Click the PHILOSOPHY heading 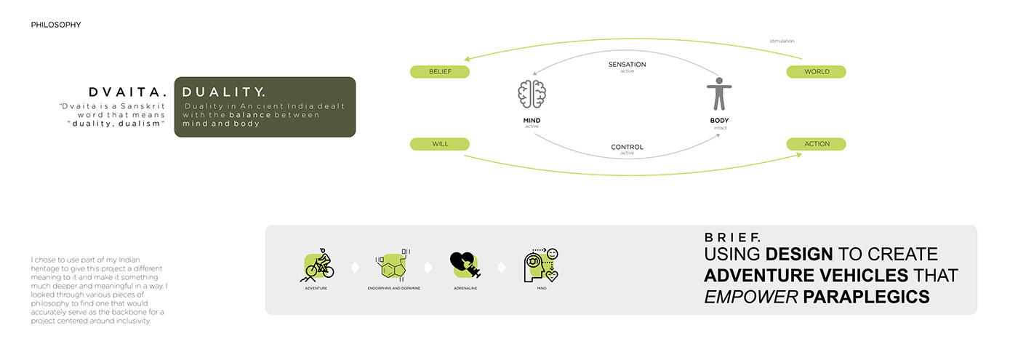[56, 25]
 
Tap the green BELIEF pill [439, 72]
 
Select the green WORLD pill [816, 72]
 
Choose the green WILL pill [439, 144]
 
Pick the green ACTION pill [816, 144]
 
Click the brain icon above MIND [532, 94]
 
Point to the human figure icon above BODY [719, 94]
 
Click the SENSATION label [627, 65]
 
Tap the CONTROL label [627, 147]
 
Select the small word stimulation [782, 41]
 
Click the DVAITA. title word [128, 92]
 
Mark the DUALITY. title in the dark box [224, 92]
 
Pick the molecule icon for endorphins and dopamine [393, 265]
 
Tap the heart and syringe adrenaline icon [465, 265]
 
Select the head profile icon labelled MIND [541, 265]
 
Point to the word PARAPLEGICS [866, 297]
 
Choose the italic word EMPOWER [750, 297]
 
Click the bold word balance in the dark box [250, 115]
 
